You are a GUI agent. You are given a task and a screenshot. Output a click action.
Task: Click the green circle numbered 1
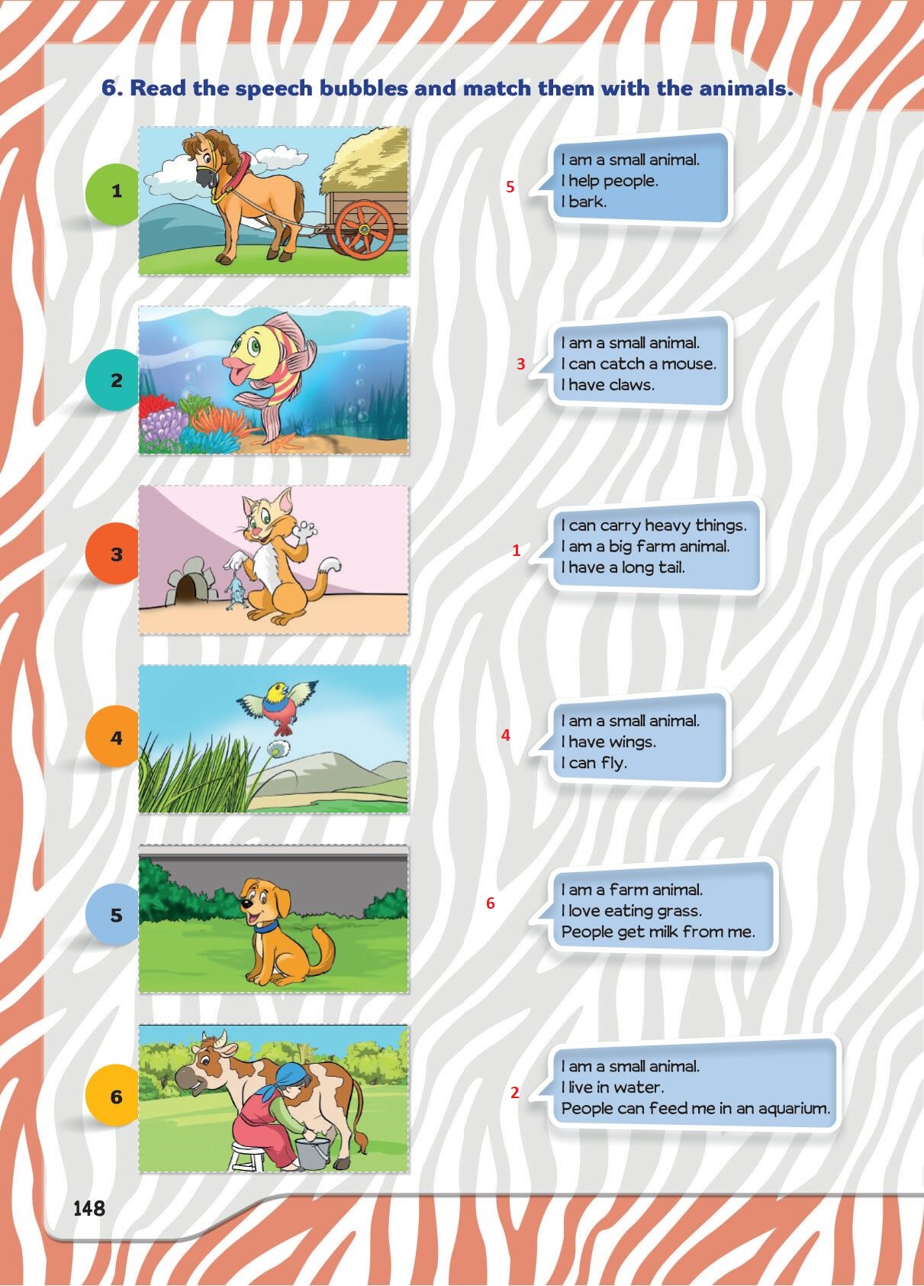(114, 193)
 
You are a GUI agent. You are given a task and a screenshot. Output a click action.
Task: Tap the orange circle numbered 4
(114, 737)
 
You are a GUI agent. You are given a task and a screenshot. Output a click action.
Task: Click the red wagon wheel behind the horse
(364, 229)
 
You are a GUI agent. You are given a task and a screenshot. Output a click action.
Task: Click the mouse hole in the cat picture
(188, 590)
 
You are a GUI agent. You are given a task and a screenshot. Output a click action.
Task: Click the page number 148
(89, 1209)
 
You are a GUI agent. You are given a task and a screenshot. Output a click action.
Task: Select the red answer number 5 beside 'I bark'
(510, 186)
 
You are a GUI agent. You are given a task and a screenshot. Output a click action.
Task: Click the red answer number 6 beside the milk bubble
(491, 903)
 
